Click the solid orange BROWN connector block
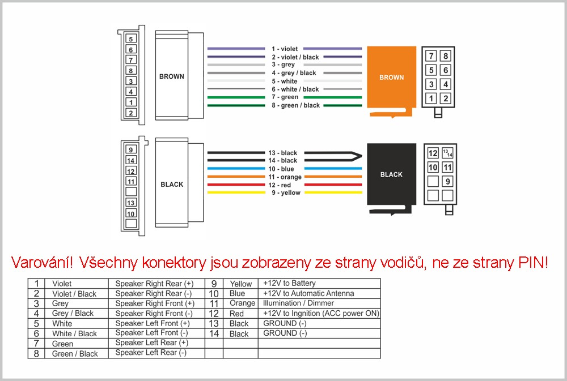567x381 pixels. [391, 78]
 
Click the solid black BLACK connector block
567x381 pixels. [391, 174]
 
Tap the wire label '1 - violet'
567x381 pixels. [285, 49]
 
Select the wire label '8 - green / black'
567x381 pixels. [296, 105]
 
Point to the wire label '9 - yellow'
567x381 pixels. [286, 193]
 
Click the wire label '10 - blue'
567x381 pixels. [281, 169]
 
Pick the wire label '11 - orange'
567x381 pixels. [285, 177]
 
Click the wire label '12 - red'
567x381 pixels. [280, 185]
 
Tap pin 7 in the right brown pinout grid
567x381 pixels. [431, 56]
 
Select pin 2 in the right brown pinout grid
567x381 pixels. [446, 99]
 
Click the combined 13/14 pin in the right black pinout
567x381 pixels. [448, 153]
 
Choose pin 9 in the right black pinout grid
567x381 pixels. [448, 181]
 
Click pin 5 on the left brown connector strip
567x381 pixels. [131, 38]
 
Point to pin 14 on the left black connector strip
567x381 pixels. [131, 160]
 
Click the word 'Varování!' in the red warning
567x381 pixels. [42, 263]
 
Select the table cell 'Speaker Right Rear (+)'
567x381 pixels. [154, 284]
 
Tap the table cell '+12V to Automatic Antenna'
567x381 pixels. [308, 293]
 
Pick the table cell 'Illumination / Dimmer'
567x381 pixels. [298, 303]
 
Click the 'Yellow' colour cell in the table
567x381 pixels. [240, 284]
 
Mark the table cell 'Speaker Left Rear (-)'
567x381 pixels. [151, 353]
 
